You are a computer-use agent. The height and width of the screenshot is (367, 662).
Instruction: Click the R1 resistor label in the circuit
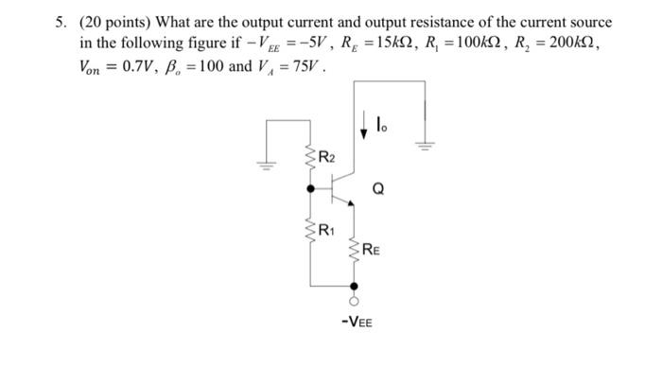(x=325, y=230)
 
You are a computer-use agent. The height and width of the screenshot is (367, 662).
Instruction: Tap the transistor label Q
(x=378, y=187)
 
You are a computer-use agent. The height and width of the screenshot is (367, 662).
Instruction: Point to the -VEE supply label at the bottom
(x=357, y=323)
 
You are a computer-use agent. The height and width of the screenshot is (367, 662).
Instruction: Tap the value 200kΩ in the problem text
(x=568, y=44)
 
